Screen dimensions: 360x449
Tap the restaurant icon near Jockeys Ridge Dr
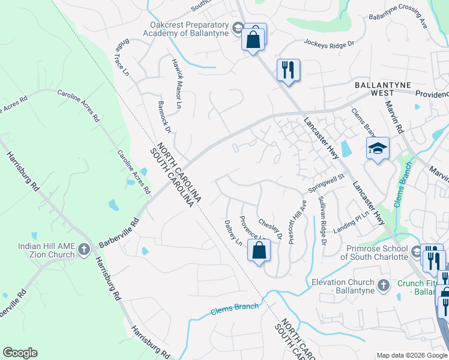pos(288,70)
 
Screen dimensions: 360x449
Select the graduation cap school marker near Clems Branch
pos(378,148)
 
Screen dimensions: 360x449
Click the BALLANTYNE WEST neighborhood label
pos(382,89)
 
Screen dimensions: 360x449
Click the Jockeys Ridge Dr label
pos(330,43)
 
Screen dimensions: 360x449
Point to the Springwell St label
pos(326,182)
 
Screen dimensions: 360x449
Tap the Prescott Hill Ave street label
pos(296,221)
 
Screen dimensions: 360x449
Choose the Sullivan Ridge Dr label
pos(322,220)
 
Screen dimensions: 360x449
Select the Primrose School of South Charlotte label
pos(377,252)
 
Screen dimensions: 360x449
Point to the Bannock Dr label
pos(164,117)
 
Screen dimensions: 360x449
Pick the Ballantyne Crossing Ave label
pos(397,23)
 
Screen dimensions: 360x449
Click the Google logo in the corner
pos(20,353)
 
